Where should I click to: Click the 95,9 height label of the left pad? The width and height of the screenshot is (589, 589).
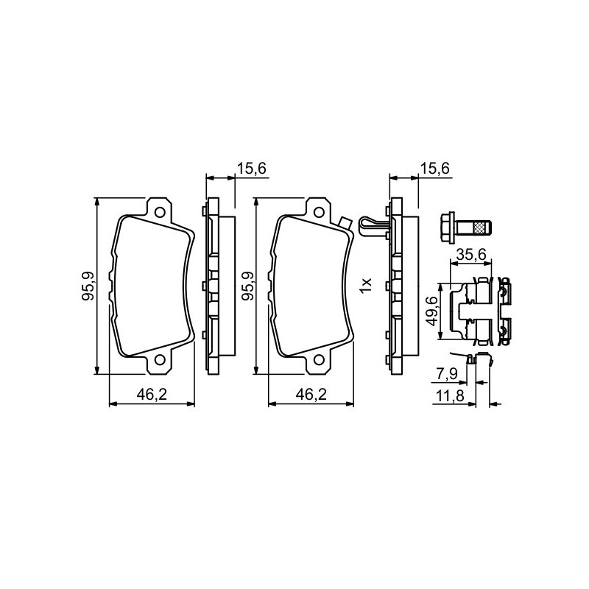click(x=88, y=286)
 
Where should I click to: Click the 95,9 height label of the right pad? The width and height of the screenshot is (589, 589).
click(x=247, y=286)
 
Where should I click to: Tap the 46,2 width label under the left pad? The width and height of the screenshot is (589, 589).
click(x=152, y=395)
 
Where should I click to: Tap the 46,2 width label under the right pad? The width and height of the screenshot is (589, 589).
click(x=311, y=395)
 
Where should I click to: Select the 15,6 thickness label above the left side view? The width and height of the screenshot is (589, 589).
click(x=251, y=169)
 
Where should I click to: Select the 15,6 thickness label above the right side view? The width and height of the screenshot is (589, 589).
click(x=434, y=169)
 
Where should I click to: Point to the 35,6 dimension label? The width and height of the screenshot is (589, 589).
click(x=471, y=255)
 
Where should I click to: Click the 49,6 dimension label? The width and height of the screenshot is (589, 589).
click(x=432, y=311)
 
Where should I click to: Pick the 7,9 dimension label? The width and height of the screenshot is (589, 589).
click(x=446, y=374)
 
